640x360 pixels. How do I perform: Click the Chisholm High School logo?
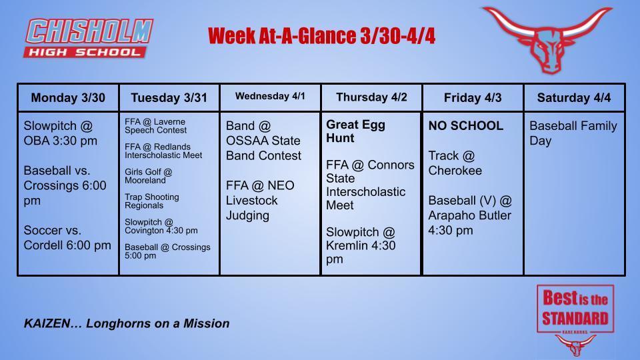click(x=89, y=38)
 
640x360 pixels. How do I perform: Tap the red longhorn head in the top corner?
click(x=547, y=38)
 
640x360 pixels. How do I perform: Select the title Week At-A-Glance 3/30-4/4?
click(x=321, y=36)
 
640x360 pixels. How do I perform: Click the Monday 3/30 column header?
click(x=68, y=98)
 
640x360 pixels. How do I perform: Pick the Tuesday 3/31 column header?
click(x=169, y=98)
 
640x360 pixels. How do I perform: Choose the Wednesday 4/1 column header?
click(x=270, y=97)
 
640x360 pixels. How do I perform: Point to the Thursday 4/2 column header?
click(x=371, y=97)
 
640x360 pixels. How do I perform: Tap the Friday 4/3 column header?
click(x=473, y=98)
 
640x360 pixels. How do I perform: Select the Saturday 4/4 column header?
click(x=573, y=98)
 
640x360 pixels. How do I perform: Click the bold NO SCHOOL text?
click(x=466, y=126)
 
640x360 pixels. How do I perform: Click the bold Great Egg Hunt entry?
click(x=356, y=131)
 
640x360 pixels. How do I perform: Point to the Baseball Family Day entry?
click(x=573, y=133)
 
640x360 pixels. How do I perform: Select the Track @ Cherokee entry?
click(x=455, y=163)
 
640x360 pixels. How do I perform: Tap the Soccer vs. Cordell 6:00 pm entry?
click(x=67, y=237)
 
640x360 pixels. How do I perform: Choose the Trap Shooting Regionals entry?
click(x=152, y=201)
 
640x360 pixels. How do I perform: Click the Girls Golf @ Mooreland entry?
click(x=149, y=176)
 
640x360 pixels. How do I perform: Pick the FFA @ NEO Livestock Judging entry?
click(x=260, y=200)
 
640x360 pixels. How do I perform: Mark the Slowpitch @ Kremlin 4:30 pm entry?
click(x=361, y=245)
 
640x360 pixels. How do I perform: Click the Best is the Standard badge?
click(x=575, y=309)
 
